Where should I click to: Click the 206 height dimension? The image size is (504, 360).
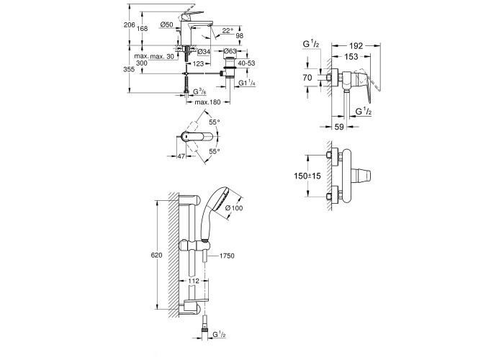(129, 25)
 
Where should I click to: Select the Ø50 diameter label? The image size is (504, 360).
(166, 24)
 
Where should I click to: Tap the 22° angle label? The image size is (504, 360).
(228, 30)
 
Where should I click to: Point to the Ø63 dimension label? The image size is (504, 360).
(230, 51)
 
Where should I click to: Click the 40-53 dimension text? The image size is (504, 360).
(247, 63)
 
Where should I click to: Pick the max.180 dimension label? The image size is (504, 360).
(207, 102)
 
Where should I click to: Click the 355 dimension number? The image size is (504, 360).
(129, 69)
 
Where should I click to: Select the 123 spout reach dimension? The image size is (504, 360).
(198, 63)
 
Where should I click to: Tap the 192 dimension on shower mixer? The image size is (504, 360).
(356, 46)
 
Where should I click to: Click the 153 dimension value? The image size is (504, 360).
(351, 57)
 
